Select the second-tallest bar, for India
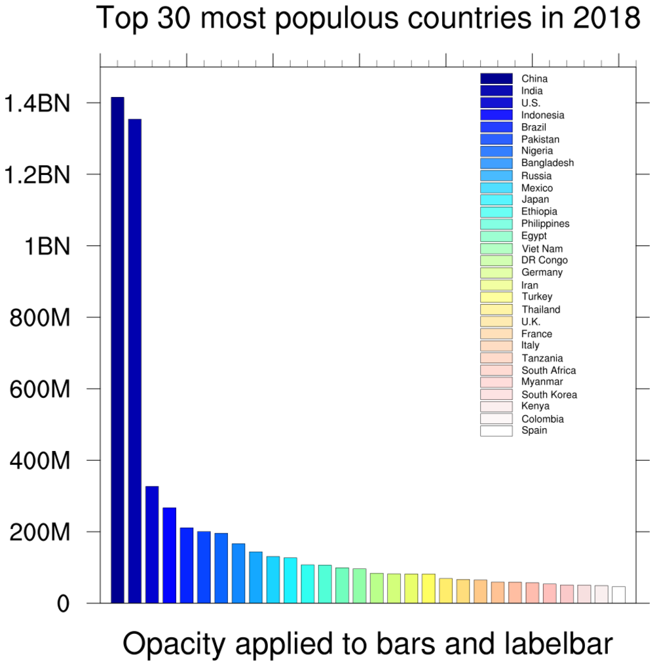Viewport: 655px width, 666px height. click(135, 361)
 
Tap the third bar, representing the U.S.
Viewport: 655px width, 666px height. click(152, 544)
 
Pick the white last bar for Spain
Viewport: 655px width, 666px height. click(618, 595)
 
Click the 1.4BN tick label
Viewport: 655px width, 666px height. click(37, 103)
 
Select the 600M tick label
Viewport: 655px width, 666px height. click(40, 389)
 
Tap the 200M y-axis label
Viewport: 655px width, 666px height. click(40, 532)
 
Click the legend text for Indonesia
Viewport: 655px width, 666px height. click(542, 115)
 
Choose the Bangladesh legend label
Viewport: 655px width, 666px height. click(548, 163)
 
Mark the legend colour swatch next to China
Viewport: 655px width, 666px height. click(496, 79)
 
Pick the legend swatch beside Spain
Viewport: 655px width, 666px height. click(496, 431)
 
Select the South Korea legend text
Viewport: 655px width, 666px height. click(549, 395)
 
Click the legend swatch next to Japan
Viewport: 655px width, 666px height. click(496, 199)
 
